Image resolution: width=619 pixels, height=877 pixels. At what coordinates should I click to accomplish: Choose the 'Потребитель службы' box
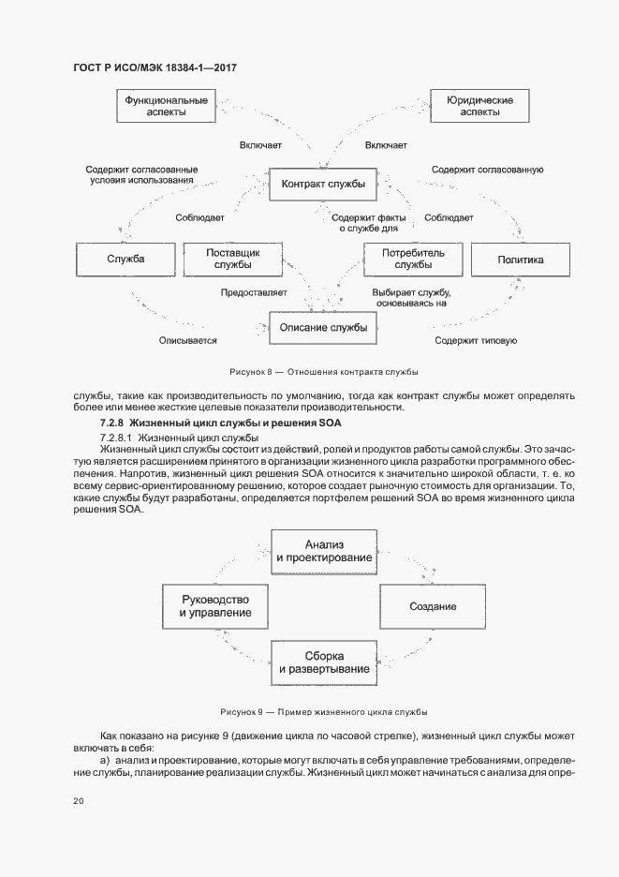click(x=413, y=260)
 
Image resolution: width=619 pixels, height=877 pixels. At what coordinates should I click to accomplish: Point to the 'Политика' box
click(x=521, y=260)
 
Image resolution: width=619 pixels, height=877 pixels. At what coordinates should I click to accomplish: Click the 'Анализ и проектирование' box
click(x=325, y=551)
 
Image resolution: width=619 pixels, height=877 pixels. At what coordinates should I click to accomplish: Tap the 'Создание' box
click(x=433, y=606)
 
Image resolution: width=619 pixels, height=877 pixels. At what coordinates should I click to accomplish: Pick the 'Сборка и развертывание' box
click(x=325, y=662)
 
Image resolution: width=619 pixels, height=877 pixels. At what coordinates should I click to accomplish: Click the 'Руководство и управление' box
click(x=215, y=606)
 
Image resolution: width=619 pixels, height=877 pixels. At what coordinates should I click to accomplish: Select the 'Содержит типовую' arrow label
click(x=476, y=341)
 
